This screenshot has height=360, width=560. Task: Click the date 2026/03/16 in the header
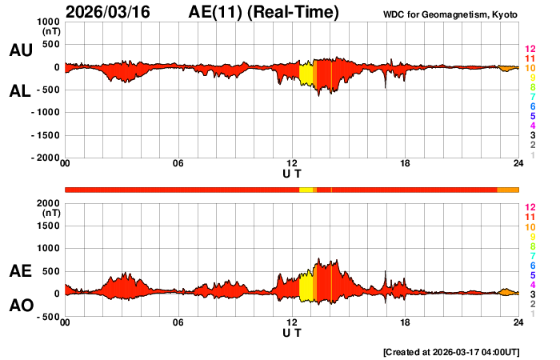point(109,13)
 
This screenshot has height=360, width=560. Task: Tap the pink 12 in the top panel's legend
point(530,50)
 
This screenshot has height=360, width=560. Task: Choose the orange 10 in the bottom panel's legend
point(530,226)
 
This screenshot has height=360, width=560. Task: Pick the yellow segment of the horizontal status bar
point(306,190)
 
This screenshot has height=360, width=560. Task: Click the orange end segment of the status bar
point(507,190)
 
